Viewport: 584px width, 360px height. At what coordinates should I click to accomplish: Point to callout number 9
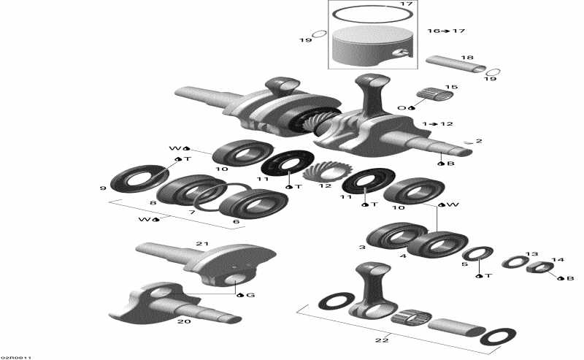coord(103,188)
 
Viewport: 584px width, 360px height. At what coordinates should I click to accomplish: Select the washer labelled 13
coord(515,261)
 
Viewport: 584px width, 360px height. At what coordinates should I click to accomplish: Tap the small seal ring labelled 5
coord(478,256)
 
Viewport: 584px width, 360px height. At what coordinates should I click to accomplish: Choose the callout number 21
coord(202,243)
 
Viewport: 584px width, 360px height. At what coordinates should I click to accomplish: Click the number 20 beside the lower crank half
coord(184,321)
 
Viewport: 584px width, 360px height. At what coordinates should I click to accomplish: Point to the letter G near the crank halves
coord(251,295)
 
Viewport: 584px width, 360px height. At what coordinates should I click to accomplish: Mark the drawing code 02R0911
coord(15,356)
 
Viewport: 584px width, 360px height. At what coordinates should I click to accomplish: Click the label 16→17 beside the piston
coord(445,31)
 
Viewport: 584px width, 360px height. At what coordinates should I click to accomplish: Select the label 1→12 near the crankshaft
coord(437,124)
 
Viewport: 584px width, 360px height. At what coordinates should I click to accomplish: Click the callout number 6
coord(236,221)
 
